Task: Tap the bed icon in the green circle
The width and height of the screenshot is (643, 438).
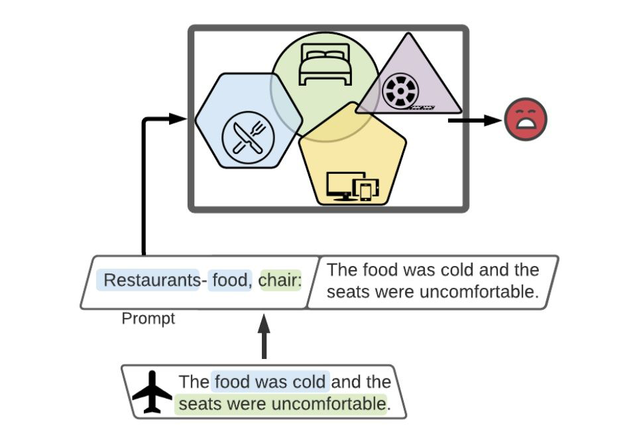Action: point(325,64)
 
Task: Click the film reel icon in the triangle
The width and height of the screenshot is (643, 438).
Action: point(400,90)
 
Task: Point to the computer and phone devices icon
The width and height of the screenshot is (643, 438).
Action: point(353,186)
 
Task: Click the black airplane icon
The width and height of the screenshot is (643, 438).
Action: point(152,392)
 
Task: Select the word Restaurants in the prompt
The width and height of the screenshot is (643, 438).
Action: point(151,281)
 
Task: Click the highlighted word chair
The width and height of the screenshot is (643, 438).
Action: point(280,281)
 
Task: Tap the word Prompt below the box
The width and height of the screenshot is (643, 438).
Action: point(148,319)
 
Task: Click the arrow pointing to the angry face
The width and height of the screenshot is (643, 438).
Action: point(474,120)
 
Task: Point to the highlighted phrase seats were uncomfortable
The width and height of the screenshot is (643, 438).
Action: point(281,403)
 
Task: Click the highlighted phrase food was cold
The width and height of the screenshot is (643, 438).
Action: point(270,382)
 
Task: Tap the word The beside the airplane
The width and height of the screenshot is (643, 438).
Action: point(194,382)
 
